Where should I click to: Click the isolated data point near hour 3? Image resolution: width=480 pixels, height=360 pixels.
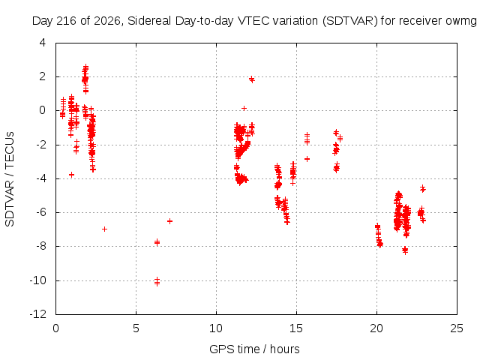tap(104, 229)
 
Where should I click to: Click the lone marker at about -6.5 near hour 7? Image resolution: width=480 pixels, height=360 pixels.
tap(169, 221)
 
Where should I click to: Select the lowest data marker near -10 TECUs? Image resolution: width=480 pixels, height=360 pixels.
tap(157, 283)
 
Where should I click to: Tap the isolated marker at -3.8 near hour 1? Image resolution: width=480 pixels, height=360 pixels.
tap(72, 175)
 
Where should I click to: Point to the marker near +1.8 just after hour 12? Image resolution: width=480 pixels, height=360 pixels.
tap(252, 79)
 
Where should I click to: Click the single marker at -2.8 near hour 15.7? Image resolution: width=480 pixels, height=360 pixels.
tap(307, 159)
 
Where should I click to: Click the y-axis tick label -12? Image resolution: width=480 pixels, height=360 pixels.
tap(38, 314)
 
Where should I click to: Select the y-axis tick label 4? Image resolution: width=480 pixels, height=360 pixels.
tap(43, 43)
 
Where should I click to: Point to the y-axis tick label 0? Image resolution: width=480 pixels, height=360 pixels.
tap(43, 110)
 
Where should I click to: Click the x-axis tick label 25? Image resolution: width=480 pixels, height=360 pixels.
tap(457, 328)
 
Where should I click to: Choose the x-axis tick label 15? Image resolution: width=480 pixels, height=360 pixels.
tap(296, 328)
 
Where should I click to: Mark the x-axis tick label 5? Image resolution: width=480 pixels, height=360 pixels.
tap(136, 328)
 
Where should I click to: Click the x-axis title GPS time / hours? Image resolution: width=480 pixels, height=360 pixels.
tap(254, 349)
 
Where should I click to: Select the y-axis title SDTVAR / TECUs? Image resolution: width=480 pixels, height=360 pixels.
tap(10, 179)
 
